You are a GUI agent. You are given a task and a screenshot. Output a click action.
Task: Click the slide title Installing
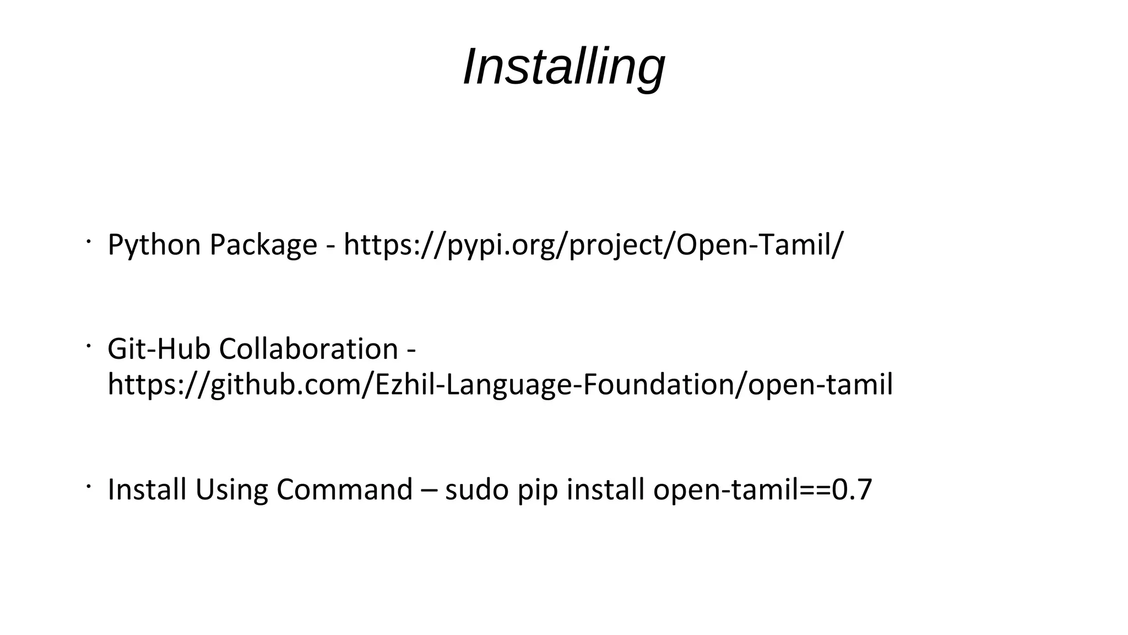pos(564,67)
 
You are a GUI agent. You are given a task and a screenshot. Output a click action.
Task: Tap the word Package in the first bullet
pos(263,245)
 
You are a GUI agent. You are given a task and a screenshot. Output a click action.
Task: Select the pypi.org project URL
pos(593,245)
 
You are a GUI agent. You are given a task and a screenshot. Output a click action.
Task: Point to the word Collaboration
pos(308,349)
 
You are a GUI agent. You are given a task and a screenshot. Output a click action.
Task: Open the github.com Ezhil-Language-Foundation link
pos(500,384)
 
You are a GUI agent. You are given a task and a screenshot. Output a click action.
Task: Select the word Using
pos(232,489)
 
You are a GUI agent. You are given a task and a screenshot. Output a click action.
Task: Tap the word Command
pos(344,489)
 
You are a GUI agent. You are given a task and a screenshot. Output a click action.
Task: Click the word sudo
pos(476,489)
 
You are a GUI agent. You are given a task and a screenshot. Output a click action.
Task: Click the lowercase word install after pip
pos(605,489)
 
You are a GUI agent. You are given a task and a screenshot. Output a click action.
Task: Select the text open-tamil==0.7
pos(763,489)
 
